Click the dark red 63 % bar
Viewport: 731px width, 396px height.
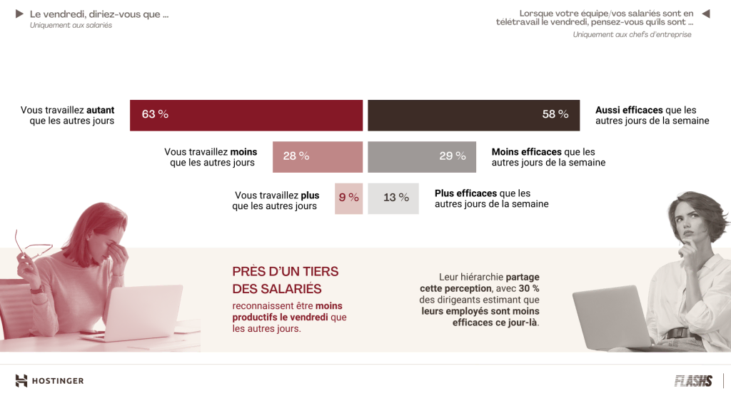246,115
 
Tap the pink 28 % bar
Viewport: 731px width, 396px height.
318,156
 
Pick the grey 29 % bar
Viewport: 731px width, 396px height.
422,156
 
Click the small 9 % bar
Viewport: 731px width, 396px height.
348,198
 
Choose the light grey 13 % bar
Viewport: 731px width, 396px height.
396,198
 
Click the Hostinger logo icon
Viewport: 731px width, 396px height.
21,380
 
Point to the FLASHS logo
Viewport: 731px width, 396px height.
693,380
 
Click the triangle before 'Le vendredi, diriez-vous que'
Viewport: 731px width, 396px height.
19,14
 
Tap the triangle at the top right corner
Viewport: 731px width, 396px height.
706,14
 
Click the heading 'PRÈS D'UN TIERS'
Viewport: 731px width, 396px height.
286,272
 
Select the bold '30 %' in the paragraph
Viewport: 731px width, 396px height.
528,288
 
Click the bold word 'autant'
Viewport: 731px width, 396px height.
101,111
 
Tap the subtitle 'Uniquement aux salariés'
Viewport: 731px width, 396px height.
71,26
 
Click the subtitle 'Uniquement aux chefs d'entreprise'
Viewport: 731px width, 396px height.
632,34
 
